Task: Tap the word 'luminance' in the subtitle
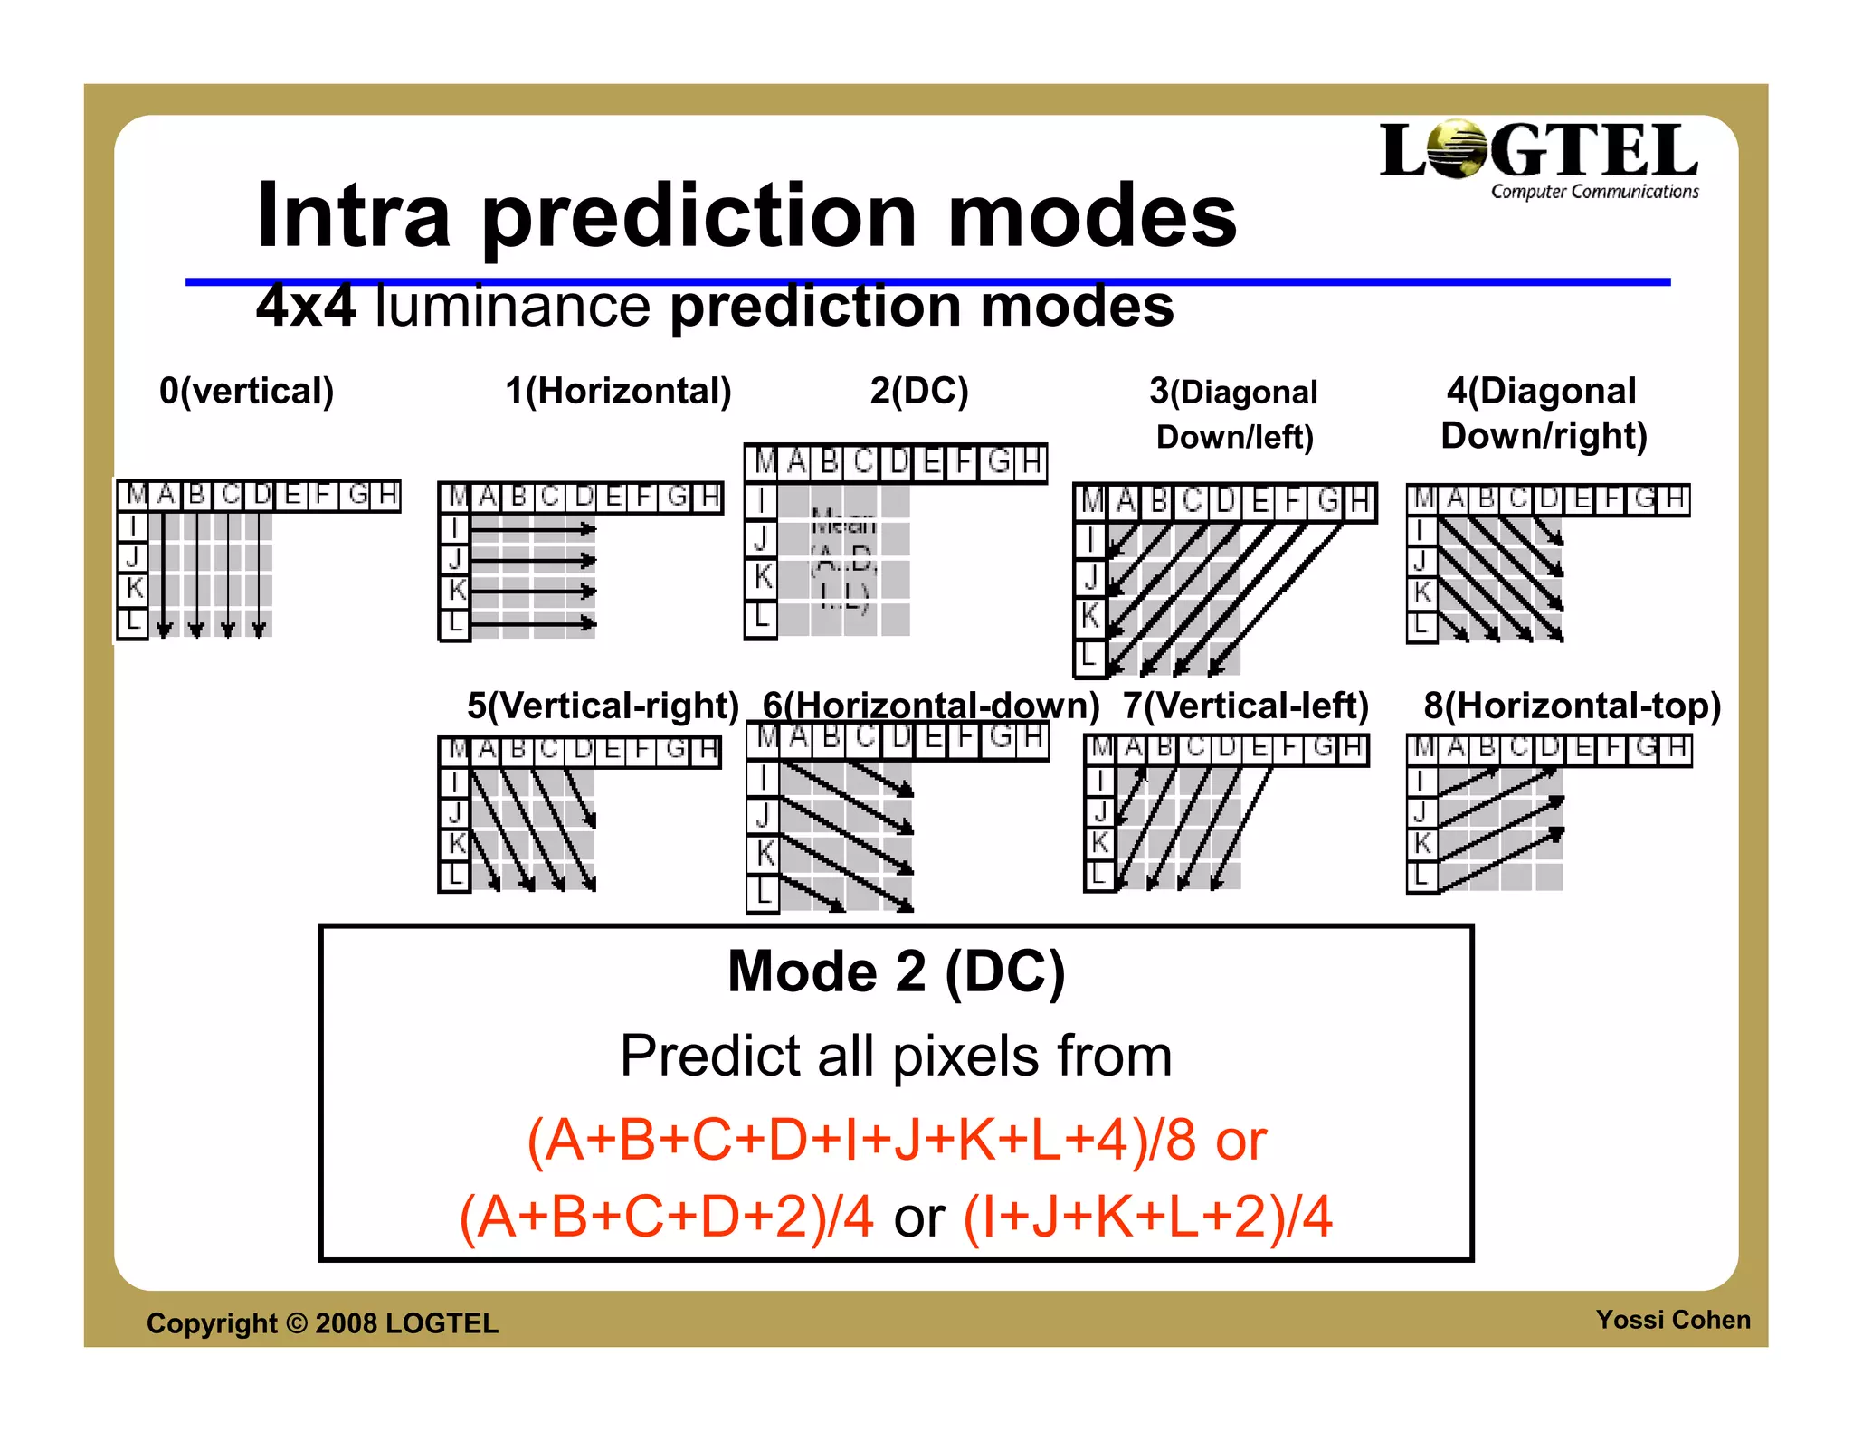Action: [x=512, y=307]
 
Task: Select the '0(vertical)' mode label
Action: [x=246, y=391]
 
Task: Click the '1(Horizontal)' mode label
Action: [x=618, y=391]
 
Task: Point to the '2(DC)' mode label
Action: [x=919, y=391]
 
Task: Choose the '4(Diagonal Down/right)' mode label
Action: [x=1544, y=413]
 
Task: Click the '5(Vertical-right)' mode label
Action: [x=603, y=706]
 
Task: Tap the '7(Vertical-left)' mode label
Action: [x=1246, y=706]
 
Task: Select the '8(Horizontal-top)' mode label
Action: [x=1572, y=706]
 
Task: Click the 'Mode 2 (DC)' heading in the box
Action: [x=896, y=971]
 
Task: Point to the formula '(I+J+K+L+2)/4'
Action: [x=1147, y=1217]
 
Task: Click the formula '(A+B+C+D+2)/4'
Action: [x=667, y=1217]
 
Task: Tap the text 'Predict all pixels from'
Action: [x=896, y=1056]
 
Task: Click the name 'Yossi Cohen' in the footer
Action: [x=1672, y=1320]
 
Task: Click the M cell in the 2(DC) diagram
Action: [x=765, y=463]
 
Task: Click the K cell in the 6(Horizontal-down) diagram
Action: [x=764, y=852]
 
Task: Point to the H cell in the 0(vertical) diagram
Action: [x=387, y=495]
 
